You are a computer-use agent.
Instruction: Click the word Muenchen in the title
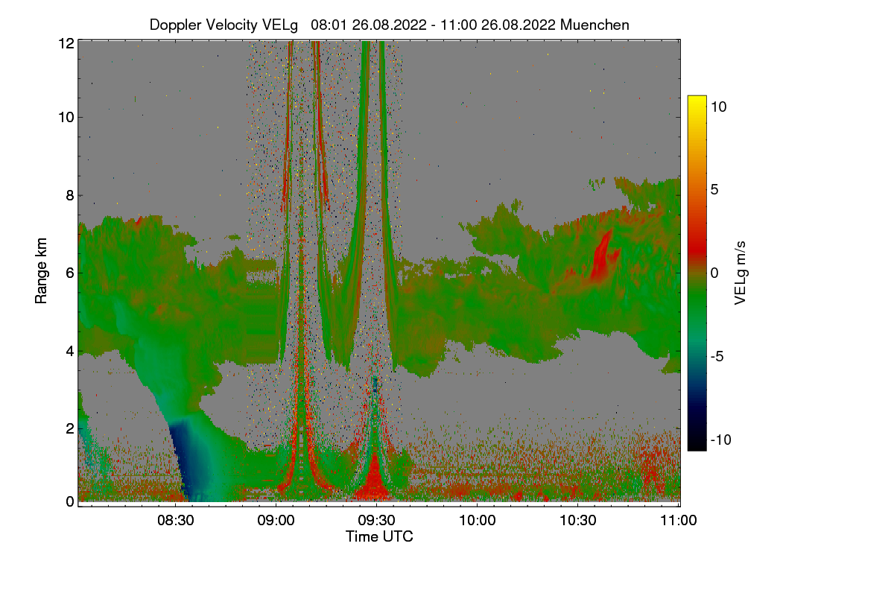coord(595,25)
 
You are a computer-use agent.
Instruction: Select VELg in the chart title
coord(280,25)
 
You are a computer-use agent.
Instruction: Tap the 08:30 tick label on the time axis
coord(175,520)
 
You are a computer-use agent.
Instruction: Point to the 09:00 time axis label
coord(276,520)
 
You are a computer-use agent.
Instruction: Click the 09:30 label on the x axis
coord(376,520)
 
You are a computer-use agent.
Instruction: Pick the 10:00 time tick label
coord(477,520)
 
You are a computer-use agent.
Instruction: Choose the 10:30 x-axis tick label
coord(577,520)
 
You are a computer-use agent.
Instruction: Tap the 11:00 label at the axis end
coord(678,520)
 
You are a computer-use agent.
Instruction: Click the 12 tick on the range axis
coord(66,43)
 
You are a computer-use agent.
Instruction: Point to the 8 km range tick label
coord(70,195)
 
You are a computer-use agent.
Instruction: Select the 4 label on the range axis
coord(70,352)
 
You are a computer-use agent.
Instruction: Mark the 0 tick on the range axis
coord(70,501)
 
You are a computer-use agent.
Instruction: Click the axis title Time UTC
coord(379,536)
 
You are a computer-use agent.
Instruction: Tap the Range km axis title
coord(41,270)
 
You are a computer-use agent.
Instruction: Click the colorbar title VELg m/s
coord(740,273)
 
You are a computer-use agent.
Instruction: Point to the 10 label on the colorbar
coord(719,107)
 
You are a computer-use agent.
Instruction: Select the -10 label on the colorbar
coord(721,440)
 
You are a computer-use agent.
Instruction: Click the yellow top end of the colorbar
coord(697,98)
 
